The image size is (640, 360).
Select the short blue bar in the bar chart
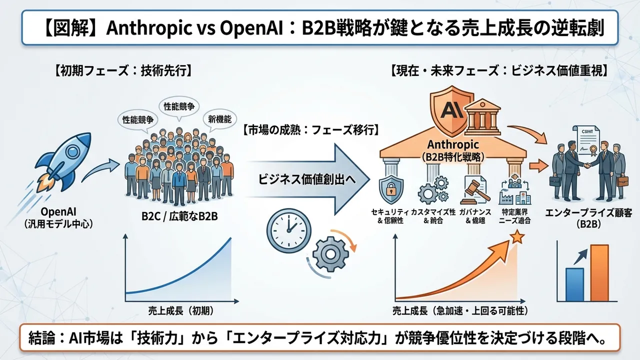574,282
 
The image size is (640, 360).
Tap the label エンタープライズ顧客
589,213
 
